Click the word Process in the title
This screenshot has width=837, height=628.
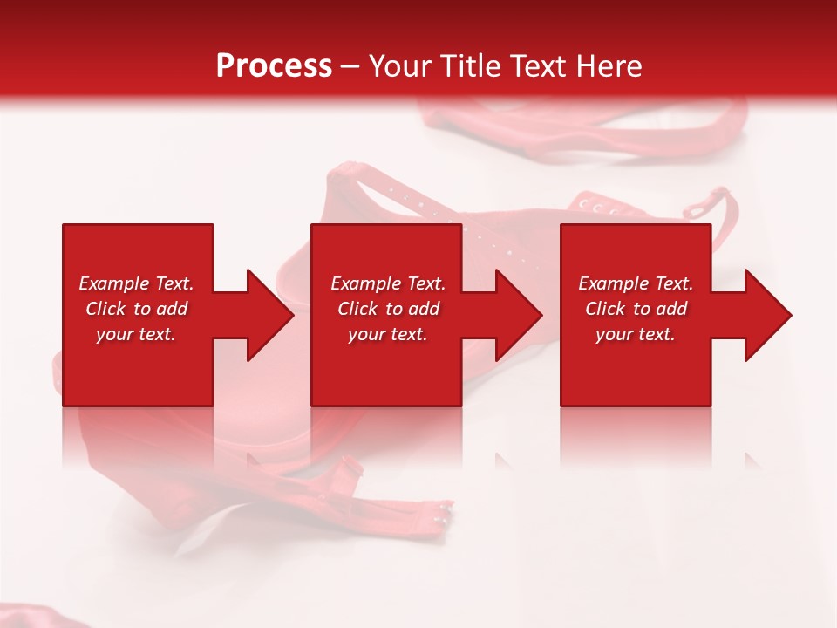pos(274,66)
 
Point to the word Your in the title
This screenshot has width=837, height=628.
pos(402,66)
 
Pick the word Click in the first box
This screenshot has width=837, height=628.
pos(106,309)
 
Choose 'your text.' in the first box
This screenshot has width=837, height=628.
pos(136,334)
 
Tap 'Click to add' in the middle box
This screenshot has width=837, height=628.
pos(388,309)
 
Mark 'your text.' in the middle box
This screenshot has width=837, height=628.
pos(388,334)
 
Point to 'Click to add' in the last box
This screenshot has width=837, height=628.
pos(636,309)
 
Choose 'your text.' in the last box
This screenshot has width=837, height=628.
pos(636,334)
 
